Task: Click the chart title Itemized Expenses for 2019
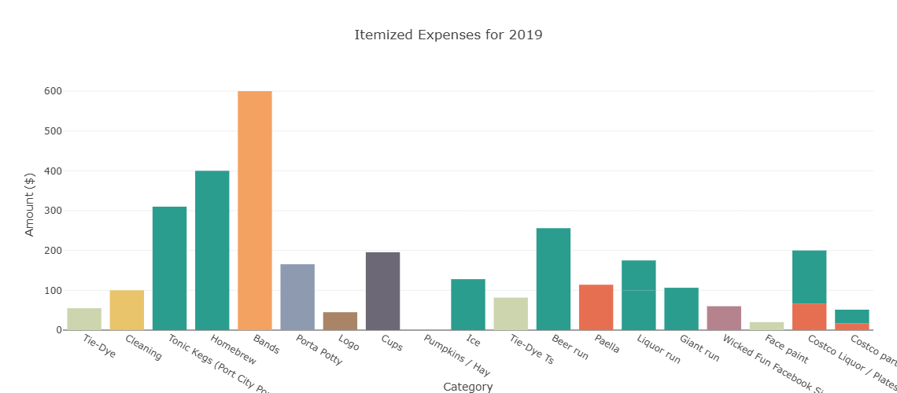tap(448, 35)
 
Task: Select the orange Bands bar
tap(255, 211)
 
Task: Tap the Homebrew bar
tap(212, 250)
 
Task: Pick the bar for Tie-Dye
tap(84, 319)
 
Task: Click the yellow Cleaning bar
tap(127, 310)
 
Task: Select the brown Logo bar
tap(340, 321)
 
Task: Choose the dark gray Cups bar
tap(382, 291)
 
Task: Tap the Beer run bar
tap(553, 279)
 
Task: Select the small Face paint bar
tap(766, 325)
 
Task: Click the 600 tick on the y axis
tap(54, 91)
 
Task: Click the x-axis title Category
tap(468, 387)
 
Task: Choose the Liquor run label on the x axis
tap(659, 351)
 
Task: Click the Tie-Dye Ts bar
tap(511, 314)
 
